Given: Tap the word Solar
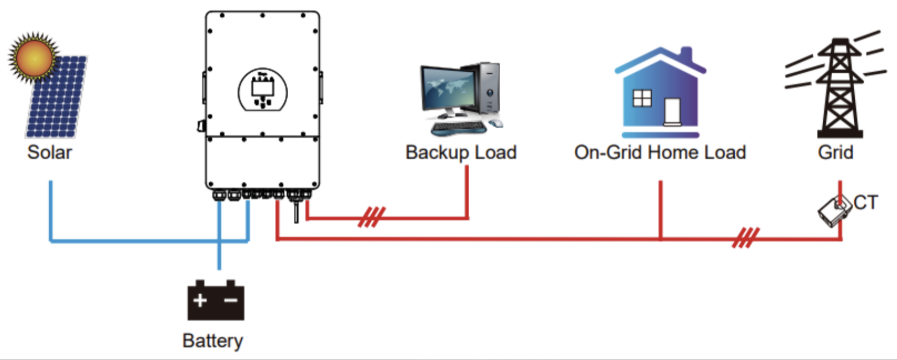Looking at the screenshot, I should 50,152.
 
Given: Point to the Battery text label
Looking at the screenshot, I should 213,342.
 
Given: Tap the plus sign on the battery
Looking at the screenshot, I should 201,300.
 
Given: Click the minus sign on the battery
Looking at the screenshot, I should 230,300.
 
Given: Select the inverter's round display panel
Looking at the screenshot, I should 263,90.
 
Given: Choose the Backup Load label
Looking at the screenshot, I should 461,152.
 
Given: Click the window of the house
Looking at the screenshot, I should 642,98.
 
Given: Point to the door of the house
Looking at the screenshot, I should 672,110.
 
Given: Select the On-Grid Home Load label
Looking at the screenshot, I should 660,152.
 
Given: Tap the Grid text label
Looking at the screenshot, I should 836,152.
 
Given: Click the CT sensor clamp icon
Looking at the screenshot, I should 833,210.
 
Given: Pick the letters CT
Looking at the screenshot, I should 865,203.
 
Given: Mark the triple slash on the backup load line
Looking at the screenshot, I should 371,217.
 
